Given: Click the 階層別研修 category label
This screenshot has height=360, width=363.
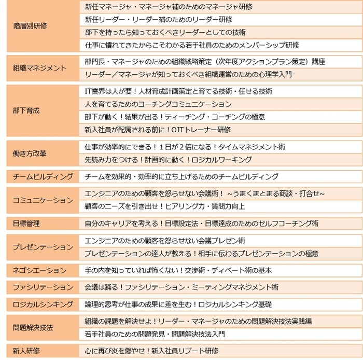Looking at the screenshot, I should point(30,26).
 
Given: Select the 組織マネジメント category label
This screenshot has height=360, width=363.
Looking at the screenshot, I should point(40,68).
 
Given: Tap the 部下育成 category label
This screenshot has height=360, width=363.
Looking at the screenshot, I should point(26,110).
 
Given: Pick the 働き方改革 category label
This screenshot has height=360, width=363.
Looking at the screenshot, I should point(30,154).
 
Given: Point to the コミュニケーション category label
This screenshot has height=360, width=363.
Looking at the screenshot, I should point(43,200).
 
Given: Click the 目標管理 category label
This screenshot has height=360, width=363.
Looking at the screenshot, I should point(26,224).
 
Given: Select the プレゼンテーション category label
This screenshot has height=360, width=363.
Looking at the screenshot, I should point(43,247).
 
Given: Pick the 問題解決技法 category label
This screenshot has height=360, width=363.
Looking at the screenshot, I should point(33,327).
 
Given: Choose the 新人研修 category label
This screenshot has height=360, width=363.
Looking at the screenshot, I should point(26,351).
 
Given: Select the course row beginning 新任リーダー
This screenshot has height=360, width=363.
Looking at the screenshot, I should point(158,20).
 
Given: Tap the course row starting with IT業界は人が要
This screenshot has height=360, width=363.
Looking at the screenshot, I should point(178,91).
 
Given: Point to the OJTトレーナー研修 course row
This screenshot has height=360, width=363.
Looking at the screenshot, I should point(158,129).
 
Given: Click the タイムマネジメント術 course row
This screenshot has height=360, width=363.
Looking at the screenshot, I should point(185,147).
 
